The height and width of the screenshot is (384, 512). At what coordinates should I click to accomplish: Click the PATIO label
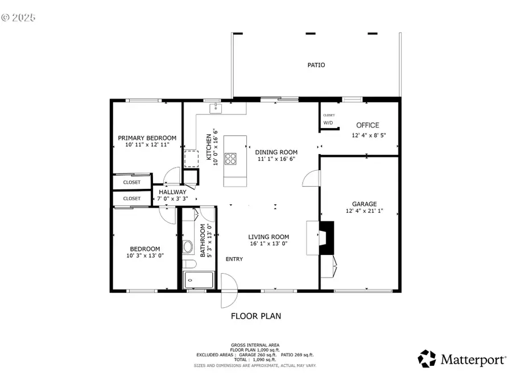316,65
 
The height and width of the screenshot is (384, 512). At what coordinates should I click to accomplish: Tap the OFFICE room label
368,125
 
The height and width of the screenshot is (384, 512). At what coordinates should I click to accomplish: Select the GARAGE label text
364,204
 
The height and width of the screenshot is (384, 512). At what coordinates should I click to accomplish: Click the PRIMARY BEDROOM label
147,138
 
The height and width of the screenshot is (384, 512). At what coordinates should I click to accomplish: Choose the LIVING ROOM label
269,237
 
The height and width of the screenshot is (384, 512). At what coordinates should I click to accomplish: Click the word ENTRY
234,259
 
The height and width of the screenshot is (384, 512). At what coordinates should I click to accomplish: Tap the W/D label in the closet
328,122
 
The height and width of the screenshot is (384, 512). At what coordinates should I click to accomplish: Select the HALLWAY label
172,192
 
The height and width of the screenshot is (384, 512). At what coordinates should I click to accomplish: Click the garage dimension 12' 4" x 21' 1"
364,212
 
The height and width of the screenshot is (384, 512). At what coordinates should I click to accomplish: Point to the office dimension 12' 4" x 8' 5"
368,135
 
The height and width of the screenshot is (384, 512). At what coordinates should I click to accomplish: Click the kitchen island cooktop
231,158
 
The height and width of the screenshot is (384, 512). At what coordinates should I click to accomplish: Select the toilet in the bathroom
189,247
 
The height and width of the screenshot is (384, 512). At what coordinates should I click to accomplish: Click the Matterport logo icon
427,358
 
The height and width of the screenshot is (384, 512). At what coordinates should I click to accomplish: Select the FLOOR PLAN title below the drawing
255,316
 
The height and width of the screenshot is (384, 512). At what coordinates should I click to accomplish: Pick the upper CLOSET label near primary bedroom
132,183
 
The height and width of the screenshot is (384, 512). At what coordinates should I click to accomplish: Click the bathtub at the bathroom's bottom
198,280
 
